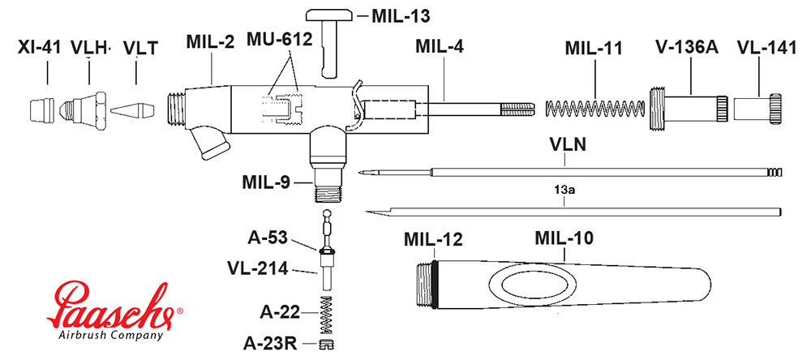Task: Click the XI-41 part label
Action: click(40, 47)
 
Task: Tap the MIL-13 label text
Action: click(401, 15)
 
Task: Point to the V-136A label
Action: click(687, 47)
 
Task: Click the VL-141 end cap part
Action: click(759, 107)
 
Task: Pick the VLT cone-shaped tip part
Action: click(132, 109)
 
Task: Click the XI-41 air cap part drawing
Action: click(41, 109)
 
